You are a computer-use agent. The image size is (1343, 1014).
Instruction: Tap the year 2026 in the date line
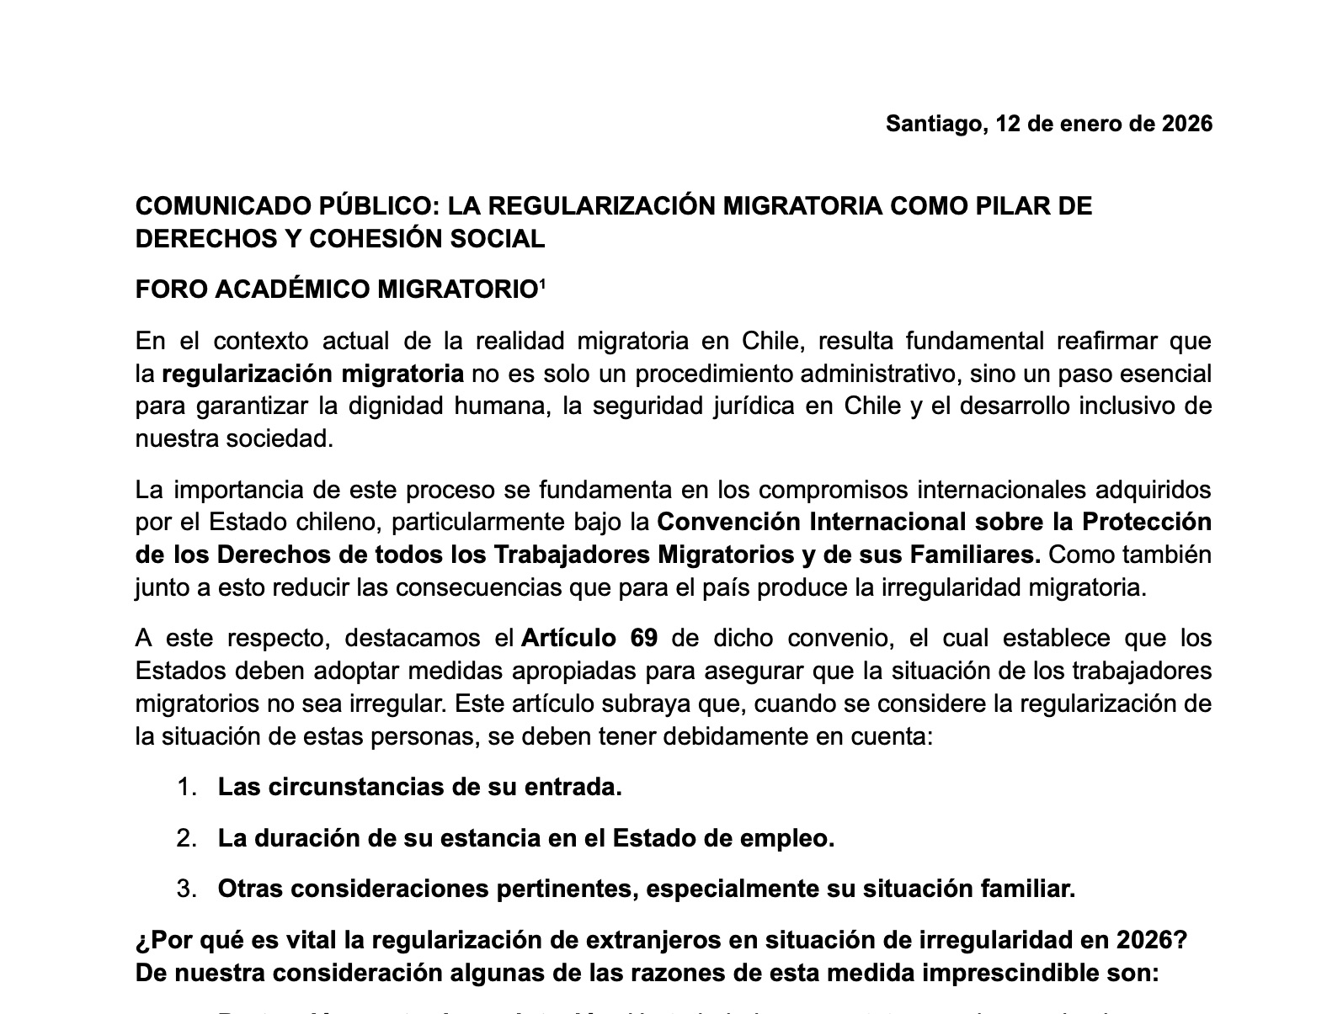[x=1186, y=124]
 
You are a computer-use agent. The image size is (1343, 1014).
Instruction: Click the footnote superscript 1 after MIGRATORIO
[x=542, y=284]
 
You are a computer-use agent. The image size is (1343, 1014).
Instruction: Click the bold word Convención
[x=728, y=523]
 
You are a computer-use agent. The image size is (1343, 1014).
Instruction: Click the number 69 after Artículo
[x=643, y=638]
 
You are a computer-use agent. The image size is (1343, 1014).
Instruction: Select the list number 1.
[x=186, y=788]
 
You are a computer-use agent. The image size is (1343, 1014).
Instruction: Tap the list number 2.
[x=186, y=839]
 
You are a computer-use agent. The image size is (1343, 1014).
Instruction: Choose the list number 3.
[x=186, y=889]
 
